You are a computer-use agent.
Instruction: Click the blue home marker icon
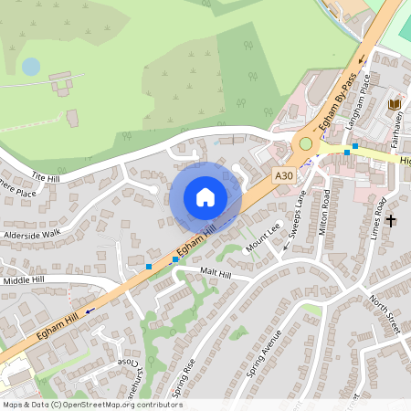point(205,196)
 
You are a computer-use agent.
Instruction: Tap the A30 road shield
point(284,173)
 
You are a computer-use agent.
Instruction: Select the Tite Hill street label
point(44,176)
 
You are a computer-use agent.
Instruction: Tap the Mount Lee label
point(262,237)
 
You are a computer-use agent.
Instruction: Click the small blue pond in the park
point(31,67)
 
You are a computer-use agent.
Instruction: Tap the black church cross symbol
point(391,220)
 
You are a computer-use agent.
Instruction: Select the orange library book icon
point(395,105)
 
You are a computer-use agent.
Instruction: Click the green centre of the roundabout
point(305,143)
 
